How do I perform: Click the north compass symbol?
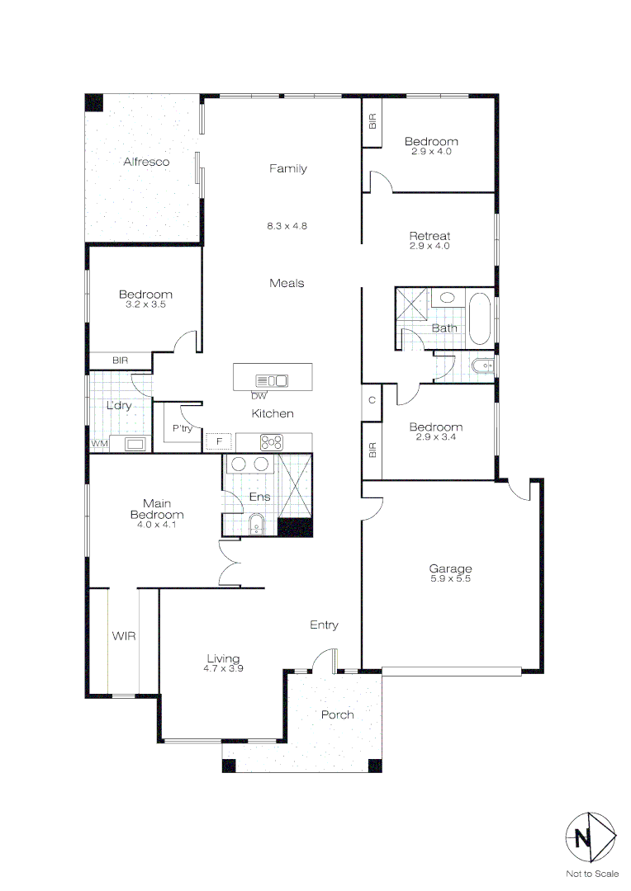(590, 838)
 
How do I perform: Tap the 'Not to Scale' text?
(591, 874)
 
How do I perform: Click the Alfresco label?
(146, 162)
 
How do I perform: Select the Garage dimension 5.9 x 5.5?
(450, 578)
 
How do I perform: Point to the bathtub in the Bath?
(479, 317)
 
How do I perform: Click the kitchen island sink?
(273, 380)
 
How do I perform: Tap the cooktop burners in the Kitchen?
(272, 441)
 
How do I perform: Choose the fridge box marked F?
(219, 441)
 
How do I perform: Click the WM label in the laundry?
(99, 444)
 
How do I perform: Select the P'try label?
(182, 429)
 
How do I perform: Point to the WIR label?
(124, 636)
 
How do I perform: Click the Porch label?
(337, 714)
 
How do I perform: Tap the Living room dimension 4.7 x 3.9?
(223, 668)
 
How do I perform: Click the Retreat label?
(429, 236)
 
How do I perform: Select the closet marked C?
(372, 400)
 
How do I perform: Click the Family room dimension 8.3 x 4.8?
(287, 225)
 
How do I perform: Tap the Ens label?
(259, 497)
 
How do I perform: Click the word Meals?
(287, 283)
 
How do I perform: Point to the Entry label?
(324, 625)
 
